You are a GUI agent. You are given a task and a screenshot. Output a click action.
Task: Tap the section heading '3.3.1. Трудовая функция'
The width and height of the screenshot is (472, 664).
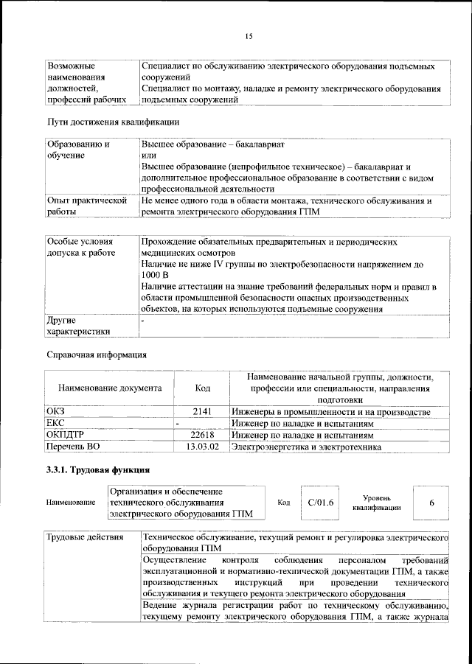pos(98,469)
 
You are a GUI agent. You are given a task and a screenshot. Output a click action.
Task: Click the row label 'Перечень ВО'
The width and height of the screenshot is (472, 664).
pos(73,447)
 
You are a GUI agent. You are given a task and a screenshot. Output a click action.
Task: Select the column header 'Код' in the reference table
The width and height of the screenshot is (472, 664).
pos(202,388)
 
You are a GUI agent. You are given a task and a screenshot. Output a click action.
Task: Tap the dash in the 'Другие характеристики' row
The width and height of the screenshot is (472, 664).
pos(144,321)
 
